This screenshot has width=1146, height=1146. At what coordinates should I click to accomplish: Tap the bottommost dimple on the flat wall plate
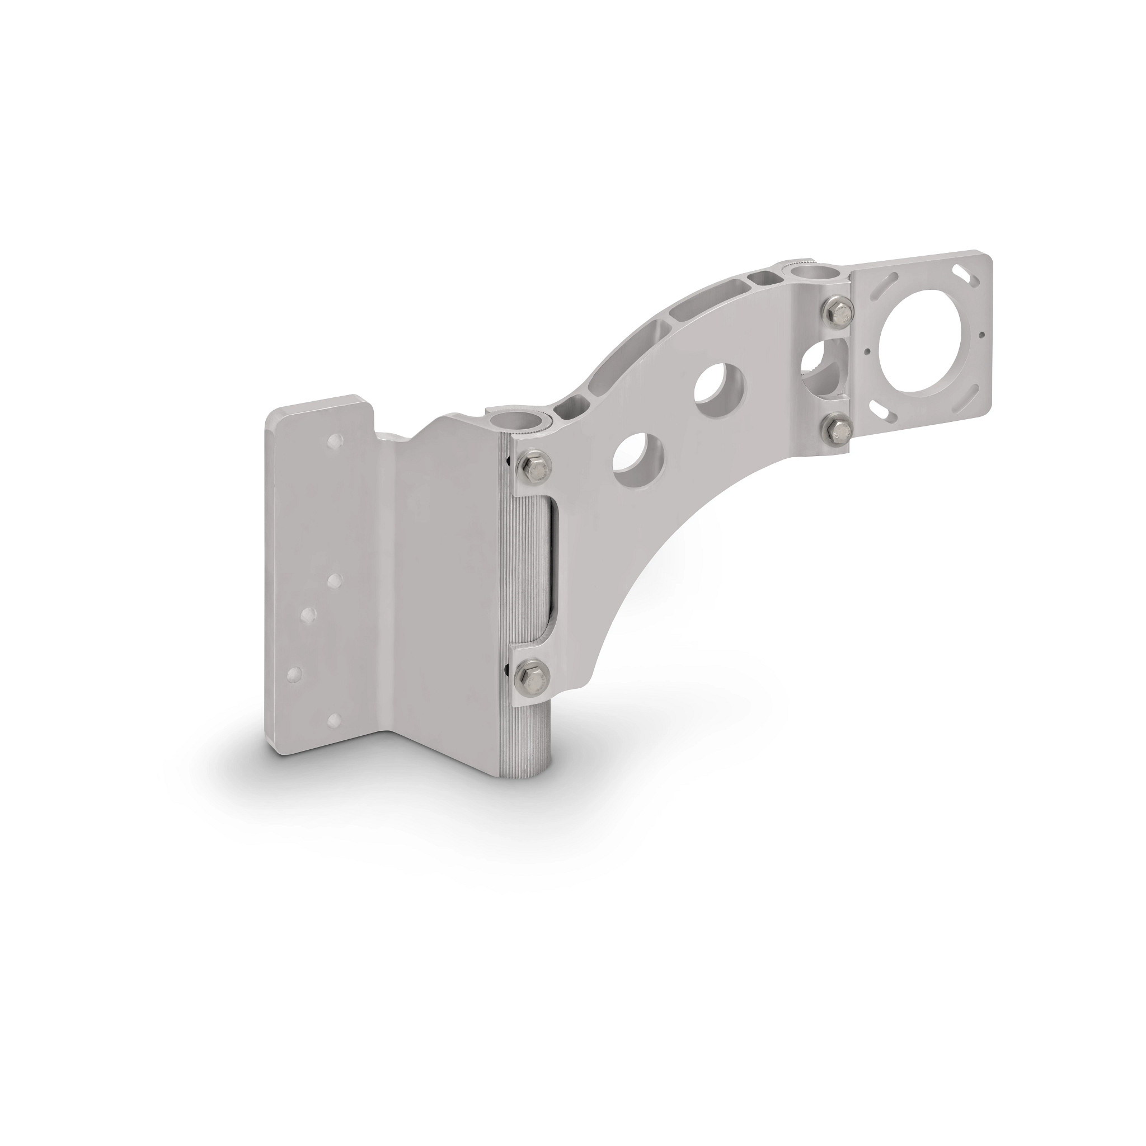[x=334, y=720]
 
